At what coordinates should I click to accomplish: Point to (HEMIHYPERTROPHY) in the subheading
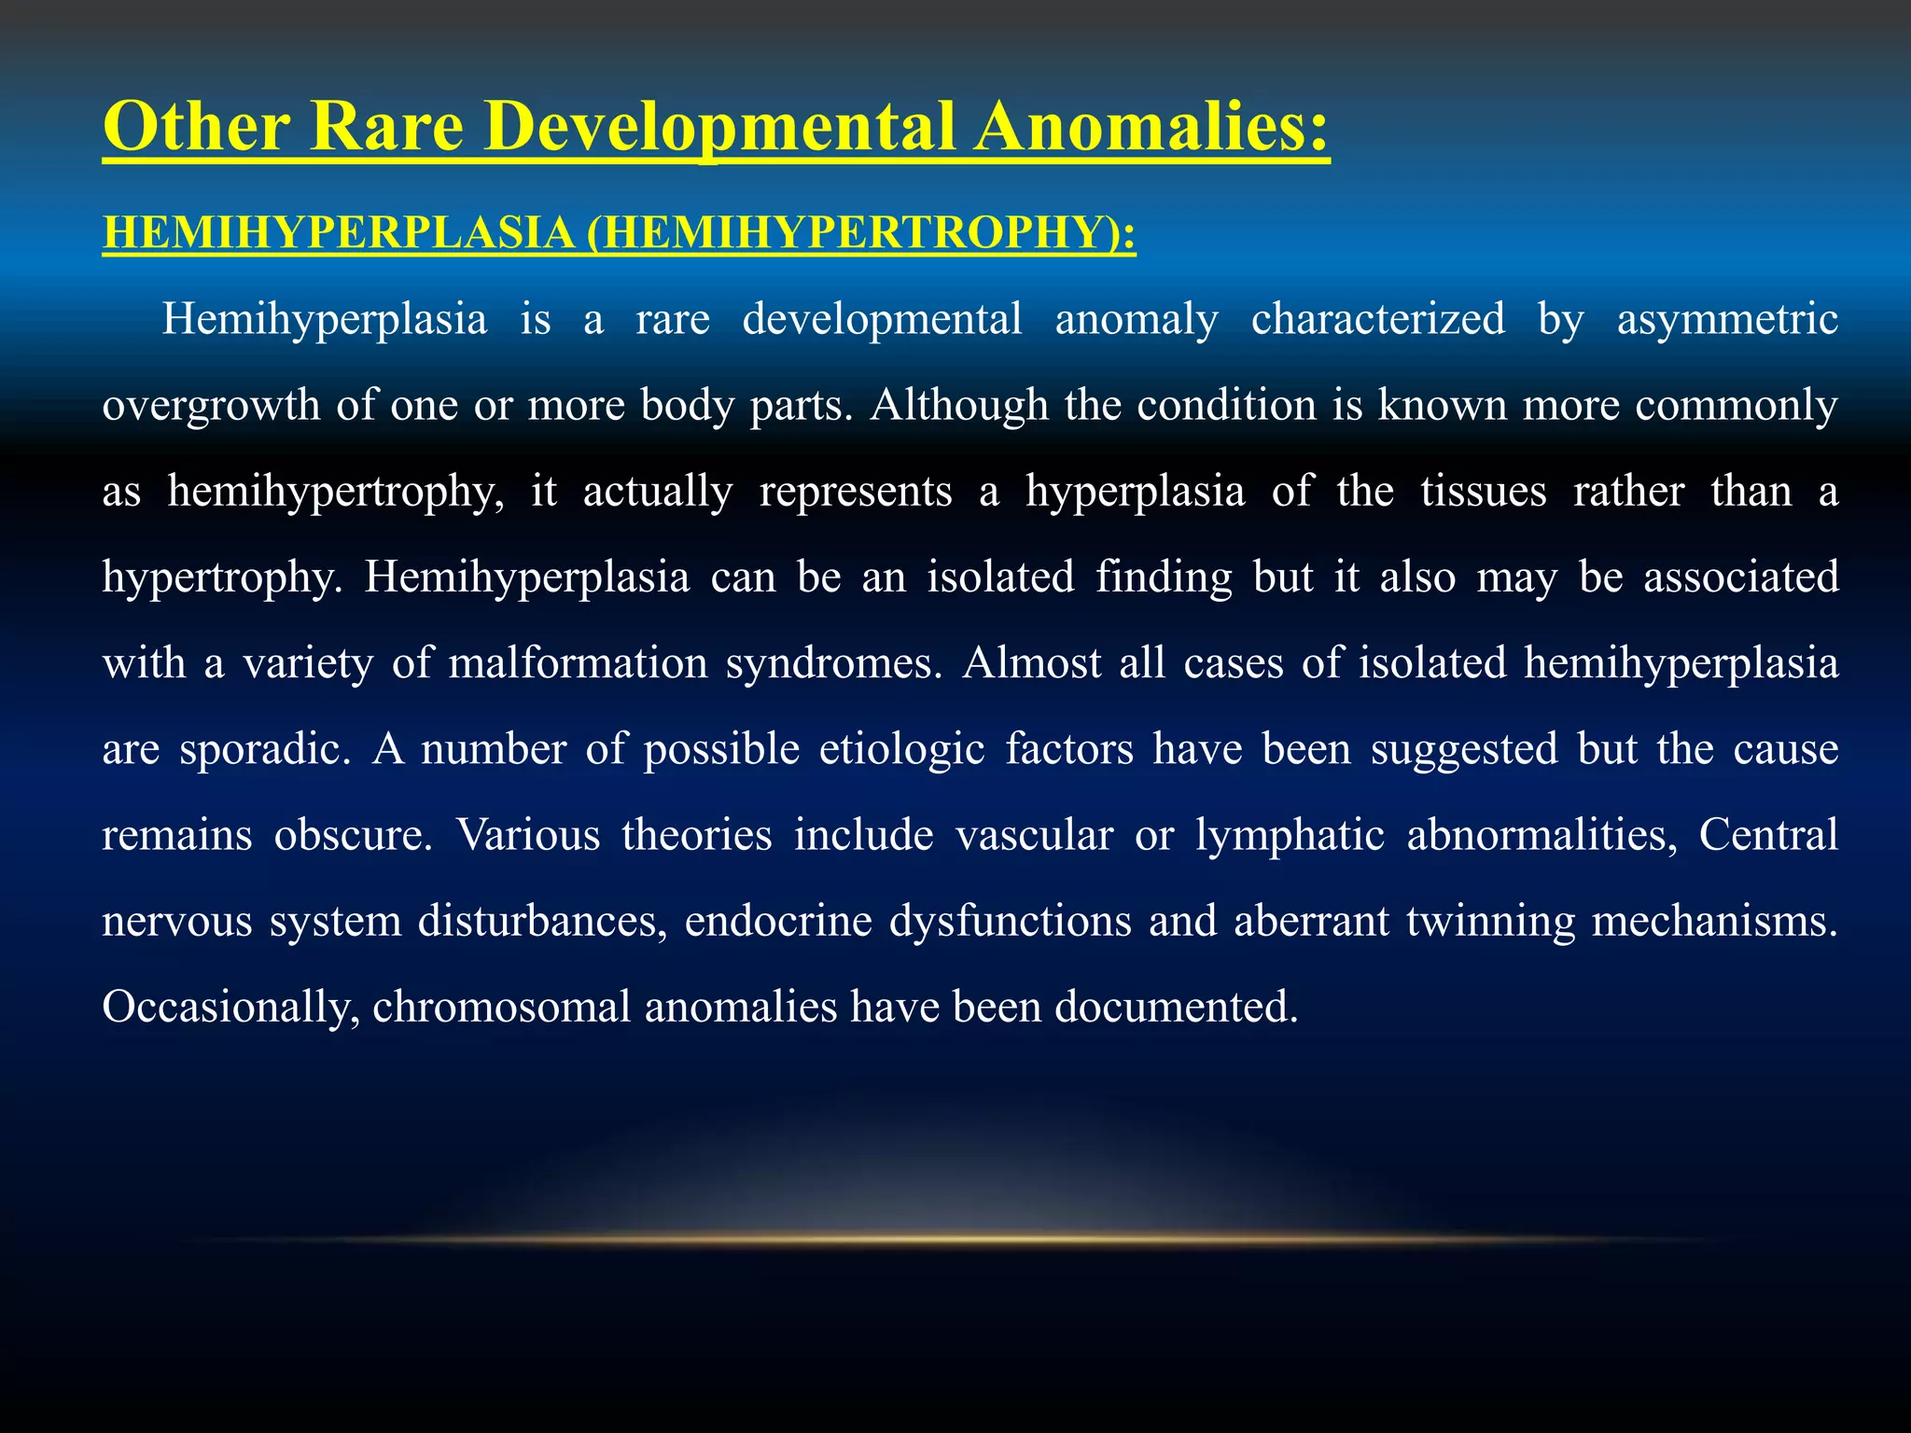point(861,232)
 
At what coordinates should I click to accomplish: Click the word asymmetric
point(1727,320)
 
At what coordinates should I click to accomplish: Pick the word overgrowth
point(211,406)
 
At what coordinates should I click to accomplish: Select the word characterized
point(1377,320)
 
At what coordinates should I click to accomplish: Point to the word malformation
point(578,663)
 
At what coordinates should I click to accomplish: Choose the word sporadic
point(265,749)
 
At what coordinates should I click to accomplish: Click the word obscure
point(354,835)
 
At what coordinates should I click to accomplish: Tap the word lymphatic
point(1290,835)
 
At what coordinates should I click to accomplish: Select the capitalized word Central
point(1767,835)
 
